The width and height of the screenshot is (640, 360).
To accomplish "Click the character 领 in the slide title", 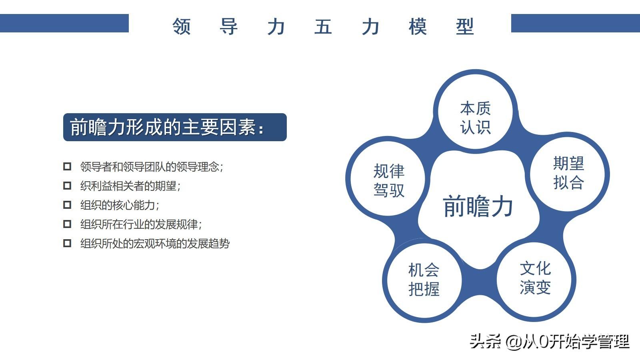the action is tap(182, 26).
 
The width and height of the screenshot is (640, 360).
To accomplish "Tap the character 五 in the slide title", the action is tap(323, 26).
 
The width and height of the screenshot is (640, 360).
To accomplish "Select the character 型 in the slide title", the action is tap(465, 26).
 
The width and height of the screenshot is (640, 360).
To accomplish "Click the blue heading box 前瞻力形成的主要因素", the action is tap(175, 127).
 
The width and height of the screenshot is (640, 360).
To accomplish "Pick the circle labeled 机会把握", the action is tap(424, 280).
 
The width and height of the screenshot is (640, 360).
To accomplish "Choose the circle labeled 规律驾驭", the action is tap(388, 178).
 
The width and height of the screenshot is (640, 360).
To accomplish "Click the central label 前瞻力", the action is tap(478, 206).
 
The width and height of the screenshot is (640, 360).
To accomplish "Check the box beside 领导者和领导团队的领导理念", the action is tap(67, 166).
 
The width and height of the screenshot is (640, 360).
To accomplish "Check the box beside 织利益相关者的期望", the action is tap(67, 186).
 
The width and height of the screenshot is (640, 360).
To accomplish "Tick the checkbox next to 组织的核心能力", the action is tap(67, 205).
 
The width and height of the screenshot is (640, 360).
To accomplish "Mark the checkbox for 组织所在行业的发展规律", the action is tap(67, 224).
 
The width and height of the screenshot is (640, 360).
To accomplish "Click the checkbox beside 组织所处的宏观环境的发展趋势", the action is tap(67, 243).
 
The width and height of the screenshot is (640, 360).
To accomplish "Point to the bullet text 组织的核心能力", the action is tap(120, 205).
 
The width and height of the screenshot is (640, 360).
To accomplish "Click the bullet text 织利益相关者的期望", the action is tap(130, 186).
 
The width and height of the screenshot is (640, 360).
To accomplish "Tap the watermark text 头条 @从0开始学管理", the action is tap(550, 342).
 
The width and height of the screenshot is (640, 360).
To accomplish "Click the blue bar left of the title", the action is tap(64, 23).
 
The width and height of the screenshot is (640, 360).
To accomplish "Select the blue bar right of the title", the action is tap(576, 23).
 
